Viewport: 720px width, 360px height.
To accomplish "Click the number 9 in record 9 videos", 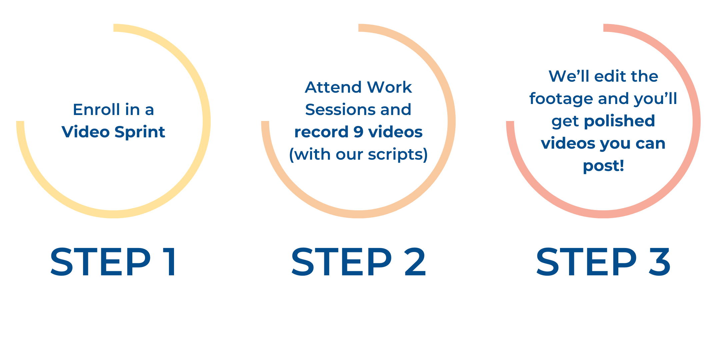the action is tap(358, 132).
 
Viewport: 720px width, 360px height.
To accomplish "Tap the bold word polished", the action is tap(619, 121).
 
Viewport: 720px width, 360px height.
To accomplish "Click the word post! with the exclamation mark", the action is tap(603, 166).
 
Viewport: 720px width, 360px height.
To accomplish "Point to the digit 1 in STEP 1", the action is tap(171, 262).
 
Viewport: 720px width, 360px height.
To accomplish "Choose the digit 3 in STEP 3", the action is tap(660, 262).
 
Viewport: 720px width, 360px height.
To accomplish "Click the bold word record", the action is tap(321, 132).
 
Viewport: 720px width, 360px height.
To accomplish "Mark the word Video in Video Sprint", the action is tap(86, 132).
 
